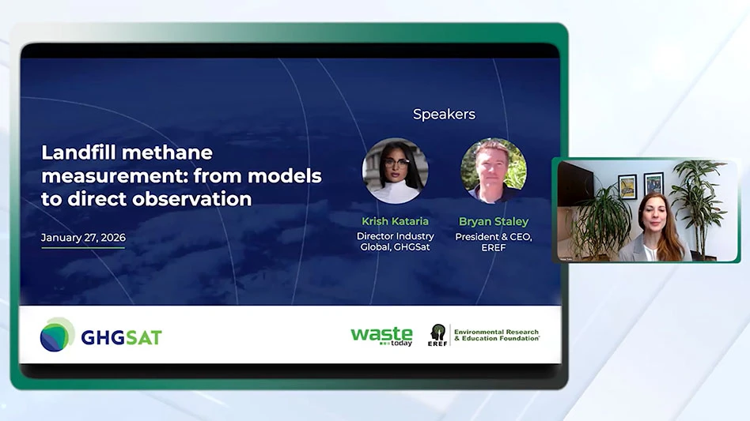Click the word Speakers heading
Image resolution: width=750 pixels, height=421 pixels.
pyautogui.click(x=444, y=115)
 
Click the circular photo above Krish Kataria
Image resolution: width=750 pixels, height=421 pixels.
pyautogui.click(x=395, y=171)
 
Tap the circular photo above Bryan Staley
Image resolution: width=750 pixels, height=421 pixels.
pyautogui.click(x=493, y=171)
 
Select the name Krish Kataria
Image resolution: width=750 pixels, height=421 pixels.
pyautogui.click(x=395, y=221)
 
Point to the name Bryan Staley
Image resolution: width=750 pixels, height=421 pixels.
pyautogui.click(x=494, y=221)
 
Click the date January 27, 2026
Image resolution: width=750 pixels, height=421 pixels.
pyautogui.click(x=83, y=238)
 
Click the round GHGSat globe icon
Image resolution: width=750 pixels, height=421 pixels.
pyautogui.click(x=57, y=335)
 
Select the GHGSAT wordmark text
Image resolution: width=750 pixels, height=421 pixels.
pyautogui.click(x=122, y=337)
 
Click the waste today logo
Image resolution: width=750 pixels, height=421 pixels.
pyautogui.click(x=381, y=336)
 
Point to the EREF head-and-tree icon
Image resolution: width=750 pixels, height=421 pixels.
pyautogui.click(x=437, y=334)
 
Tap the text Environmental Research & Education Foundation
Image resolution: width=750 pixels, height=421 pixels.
pyautogui.click(x=497, y=335)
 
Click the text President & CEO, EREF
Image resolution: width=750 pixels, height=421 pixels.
pyautogui.click(x=494, y=242)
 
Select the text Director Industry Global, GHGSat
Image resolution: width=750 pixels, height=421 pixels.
pyautogui.click(x=395, y=242)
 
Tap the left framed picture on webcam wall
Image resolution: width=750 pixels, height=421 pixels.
pyautogui.click(x=627, y=186)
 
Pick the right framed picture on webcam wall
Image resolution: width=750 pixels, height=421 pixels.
pyautogui.click(x=653, y=184)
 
